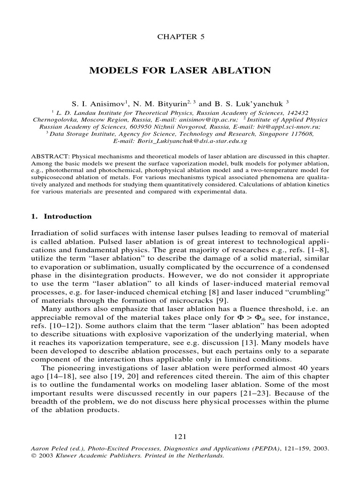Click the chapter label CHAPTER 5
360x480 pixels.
[180, 36]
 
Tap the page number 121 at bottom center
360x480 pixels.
[180, 437]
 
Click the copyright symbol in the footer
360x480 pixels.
[33, 455]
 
